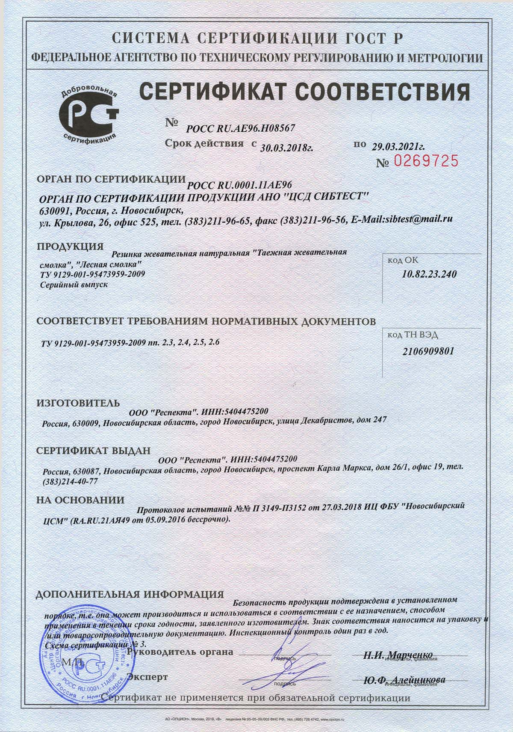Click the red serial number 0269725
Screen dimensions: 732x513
click(425, 161)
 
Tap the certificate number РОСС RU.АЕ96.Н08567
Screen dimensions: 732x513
click(241, 127)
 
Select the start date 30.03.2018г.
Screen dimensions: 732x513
click(286, 148)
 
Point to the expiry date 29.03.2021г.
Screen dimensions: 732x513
click(398, 146)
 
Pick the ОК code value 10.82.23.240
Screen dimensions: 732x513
click(429, 274)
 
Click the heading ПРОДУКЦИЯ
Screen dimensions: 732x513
click(70, 246)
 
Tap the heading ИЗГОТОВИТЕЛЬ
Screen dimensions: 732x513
click(78, 403)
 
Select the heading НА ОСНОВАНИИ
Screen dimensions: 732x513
click(80, 500)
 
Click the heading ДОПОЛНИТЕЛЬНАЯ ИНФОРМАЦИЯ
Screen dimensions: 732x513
click(130, 594)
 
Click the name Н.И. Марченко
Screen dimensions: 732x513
click(398, 655)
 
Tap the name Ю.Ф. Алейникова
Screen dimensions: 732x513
click(404, 680)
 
